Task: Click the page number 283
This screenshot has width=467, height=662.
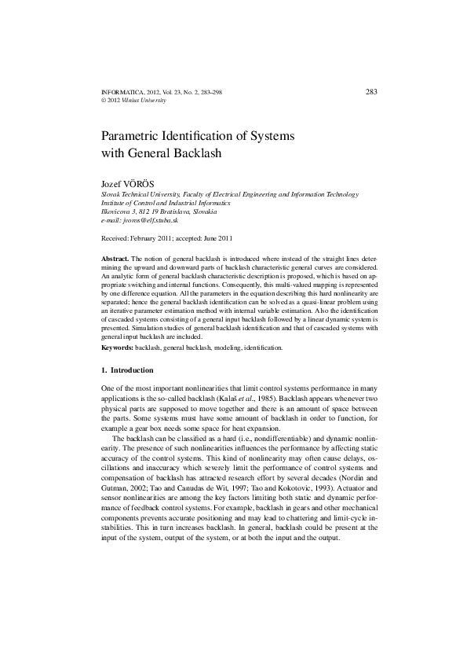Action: [372, 92]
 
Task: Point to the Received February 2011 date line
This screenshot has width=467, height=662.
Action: [167, 237]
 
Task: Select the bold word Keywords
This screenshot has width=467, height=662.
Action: [118, 347]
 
